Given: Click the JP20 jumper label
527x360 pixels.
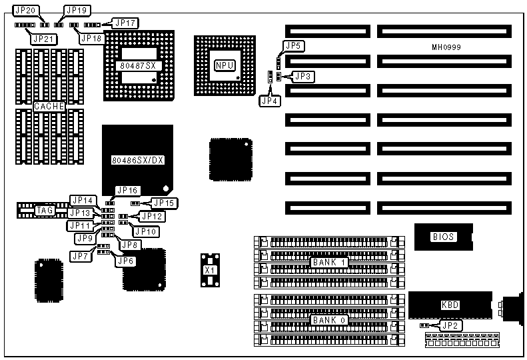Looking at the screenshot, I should pyautogui.click(x=26, y=11).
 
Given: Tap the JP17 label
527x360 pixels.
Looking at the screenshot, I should pyautogui.click(x=126, y=23).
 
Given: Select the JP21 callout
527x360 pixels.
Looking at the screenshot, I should pyautogui.click(x=43, y=39).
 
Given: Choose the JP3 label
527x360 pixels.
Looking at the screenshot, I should pyautogui.click(x=303, y=77).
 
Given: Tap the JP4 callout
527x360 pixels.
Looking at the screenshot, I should pyautogui.click(x=270, y=101).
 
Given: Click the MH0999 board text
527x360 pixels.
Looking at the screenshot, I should pyautogui.click(x=447, y=47).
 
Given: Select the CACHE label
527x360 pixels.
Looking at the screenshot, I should pyautogui.click(x=49, y=106).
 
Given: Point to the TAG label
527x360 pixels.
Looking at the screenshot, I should pyautogui.click(x=45, y=210).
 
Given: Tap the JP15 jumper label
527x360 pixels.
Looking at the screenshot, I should pyautogui.click(x=163, y=203).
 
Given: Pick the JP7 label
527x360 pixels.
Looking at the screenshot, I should pyautogui.click(x=81, y=256).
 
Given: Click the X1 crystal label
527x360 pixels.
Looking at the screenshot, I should pyautogui.click(x=211, y=270).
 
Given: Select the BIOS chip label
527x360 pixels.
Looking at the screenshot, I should pyautogui.click(x=443, y=237).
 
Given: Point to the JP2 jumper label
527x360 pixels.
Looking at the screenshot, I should pyautogui.click(x=451, y=326).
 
